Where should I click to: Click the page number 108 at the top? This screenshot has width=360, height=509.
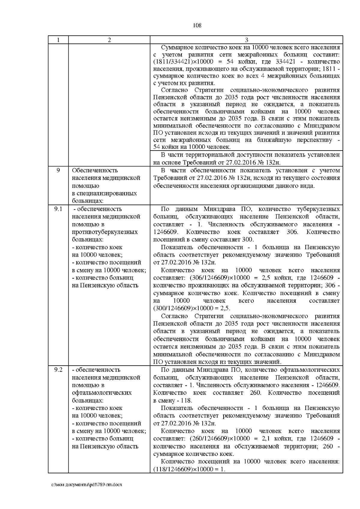point(197,25)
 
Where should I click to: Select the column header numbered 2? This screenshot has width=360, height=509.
point(109,40)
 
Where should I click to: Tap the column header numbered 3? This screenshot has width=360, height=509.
point(246,40)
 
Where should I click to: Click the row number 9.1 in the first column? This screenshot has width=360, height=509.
point(58,209)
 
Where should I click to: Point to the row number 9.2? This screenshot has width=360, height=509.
point(58,370)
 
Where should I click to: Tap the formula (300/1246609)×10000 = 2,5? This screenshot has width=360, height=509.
point(192,308)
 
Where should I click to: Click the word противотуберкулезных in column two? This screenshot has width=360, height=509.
point(105,232)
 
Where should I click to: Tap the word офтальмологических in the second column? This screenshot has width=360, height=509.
point(102,393)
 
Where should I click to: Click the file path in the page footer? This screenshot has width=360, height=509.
point(87,493)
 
